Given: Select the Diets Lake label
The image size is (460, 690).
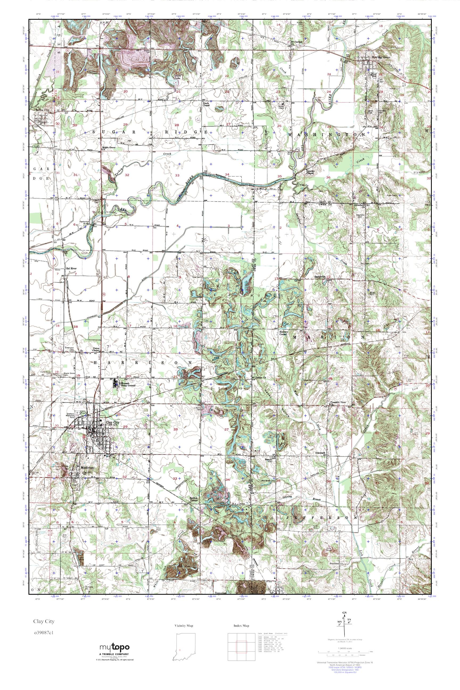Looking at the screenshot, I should tap(178, 77).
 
